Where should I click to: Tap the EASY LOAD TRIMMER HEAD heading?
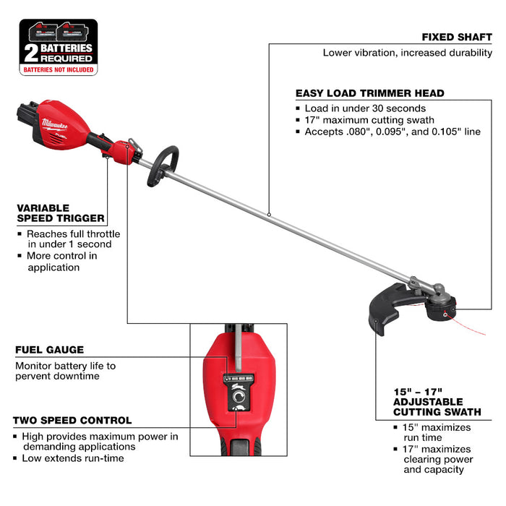click(369, 93)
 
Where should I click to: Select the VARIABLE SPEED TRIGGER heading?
click(61, 213)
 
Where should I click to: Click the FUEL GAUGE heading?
click(49, 350)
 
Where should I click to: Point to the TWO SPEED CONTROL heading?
click(72, 420)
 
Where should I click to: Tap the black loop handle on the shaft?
click(163, 165)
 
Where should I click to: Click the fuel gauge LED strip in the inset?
click(238, 378)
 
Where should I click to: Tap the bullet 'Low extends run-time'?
click(72, 458)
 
